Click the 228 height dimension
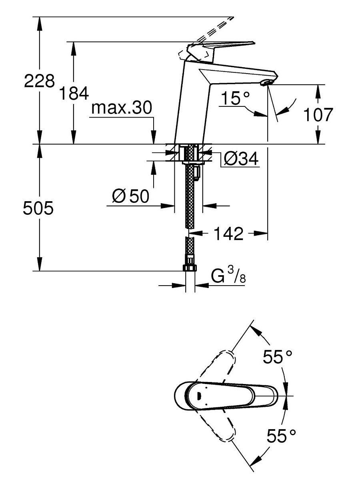click(39, 81)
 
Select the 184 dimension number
click(74, 93)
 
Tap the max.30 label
click(122, 108)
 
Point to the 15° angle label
click(235, 98)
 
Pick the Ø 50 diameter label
click(130, 196)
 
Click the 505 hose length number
click(38, 208)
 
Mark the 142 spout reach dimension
click(228, 234)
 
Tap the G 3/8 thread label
click(228, 276)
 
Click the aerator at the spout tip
click(266, 83)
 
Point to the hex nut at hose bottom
click(190, 268)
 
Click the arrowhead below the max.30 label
click(154, 137)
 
